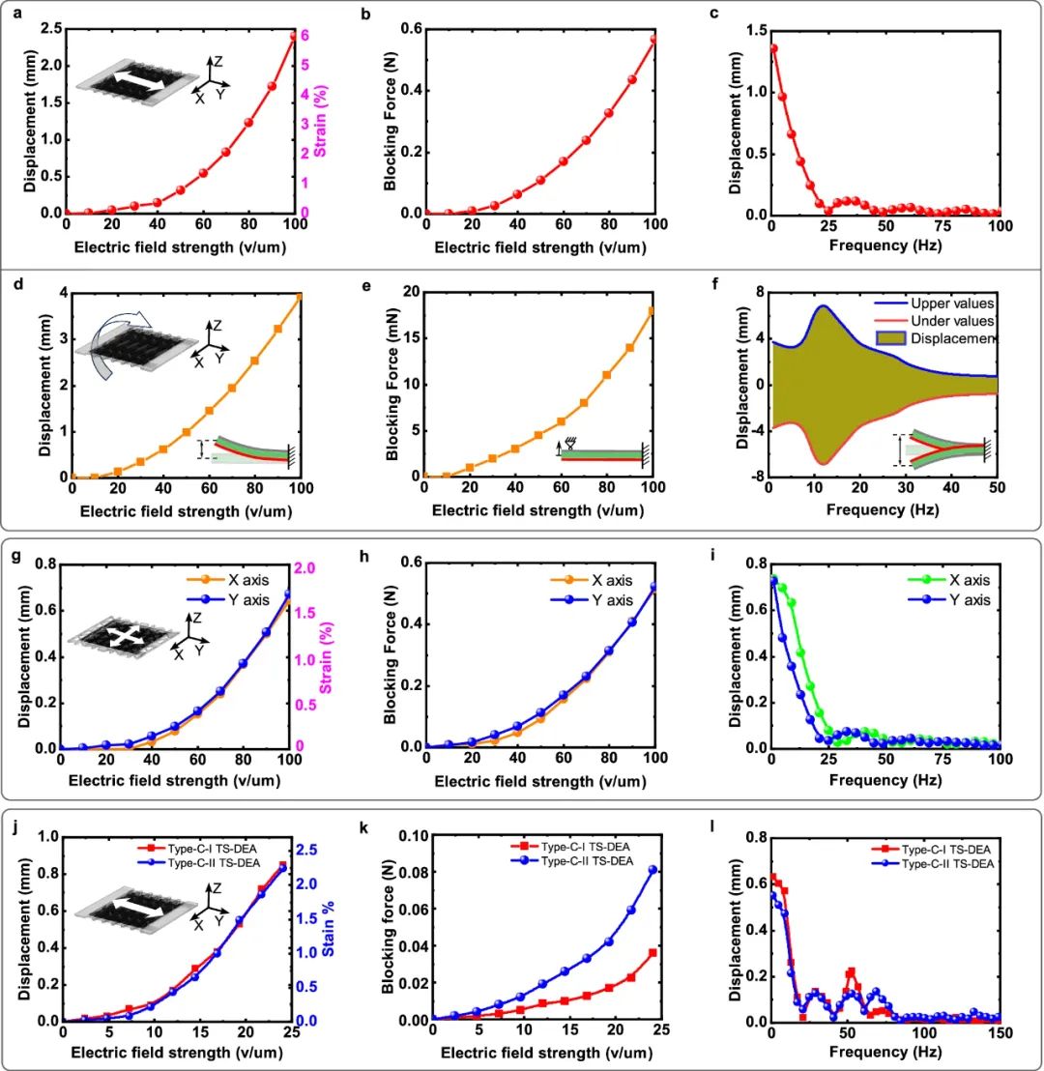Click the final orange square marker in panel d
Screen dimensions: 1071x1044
(299, 296)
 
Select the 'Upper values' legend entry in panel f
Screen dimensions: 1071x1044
(942, 304)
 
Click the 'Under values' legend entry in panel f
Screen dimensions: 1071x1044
(942, 321)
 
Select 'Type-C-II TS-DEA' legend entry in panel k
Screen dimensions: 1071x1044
(585, 861)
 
